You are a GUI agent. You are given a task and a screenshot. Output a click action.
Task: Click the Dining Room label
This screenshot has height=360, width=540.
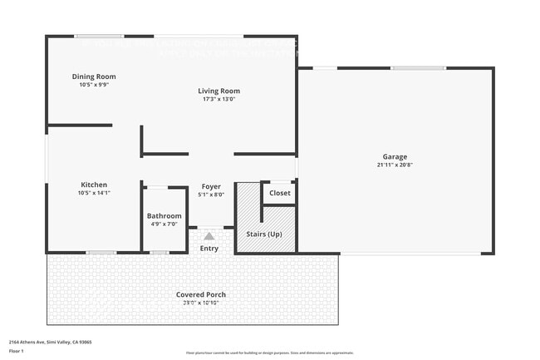pos(93,76)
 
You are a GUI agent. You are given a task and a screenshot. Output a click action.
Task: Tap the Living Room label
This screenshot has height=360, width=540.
pos(218,91)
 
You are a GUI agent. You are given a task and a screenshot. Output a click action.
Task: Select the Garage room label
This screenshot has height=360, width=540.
pos(395,156)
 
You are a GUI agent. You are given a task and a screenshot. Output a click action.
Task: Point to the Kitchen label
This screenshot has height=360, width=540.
pos(94,185)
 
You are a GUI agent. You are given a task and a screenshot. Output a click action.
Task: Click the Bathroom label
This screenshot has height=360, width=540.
pos(164,216)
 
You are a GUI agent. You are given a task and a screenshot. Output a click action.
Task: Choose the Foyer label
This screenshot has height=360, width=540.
pos(211,187)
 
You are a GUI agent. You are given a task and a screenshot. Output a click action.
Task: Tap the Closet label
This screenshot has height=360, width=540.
pos(280,193)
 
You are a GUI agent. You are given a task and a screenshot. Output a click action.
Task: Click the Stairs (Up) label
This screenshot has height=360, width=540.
pos(264,234)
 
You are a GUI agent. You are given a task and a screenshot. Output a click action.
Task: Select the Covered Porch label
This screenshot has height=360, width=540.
pos(201,294)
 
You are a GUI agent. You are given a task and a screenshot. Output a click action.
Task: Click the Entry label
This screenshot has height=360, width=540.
pos(209,248)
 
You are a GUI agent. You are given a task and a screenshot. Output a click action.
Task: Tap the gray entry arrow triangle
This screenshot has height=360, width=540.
pos(209,236)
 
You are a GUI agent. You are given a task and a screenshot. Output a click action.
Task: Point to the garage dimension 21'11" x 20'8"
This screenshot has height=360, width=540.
pos(395,165)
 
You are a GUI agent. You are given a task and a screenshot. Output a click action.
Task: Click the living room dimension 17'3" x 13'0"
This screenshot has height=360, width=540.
pos(218,99)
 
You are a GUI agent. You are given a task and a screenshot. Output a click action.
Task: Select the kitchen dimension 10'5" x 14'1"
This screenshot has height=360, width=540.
pos(94,193)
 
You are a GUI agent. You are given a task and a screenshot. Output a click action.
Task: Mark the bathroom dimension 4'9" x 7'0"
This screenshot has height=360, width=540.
pos(164,224)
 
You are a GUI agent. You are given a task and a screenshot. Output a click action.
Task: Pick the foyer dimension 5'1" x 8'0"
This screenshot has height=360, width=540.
pos(211,195)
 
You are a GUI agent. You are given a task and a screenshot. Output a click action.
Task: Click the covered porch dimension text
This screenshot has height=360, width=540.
pos(201,302)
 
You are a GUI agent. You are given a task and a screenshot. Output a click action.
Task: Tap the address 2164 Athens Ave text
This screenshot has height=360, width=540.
pos(50,342)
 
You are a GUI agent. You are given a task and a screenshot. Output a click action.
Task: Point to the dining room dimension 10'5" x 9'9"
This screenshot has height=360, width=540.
pos(93,84)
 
